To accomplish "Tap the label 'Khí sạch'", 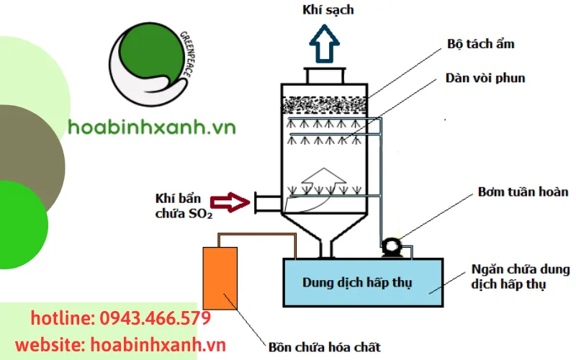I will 327,10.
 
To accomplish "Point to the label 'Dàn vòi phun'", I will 486,78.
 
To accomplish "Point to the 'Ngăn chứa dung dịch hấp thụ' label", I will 520,277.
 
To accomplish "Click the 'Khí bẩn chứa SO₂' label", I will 184,205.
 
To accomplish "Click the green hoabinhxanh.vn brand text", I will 152,127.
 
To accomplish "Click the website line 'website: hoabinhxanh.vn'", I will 120,345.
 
